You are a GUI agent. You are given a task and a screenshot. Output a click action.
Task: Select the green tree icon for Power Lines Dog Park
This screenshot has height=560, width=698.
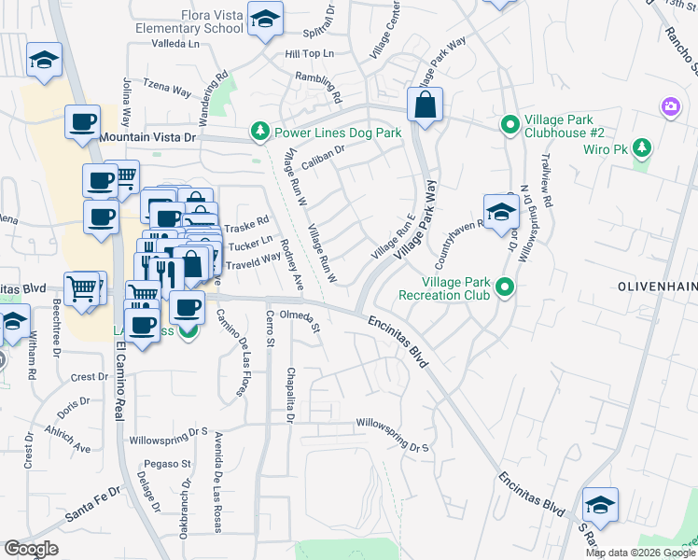tap(260, 133)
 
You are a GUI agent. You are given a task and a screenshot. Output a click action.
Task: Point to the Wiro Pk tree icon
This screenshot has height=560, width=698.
tap(641, 148)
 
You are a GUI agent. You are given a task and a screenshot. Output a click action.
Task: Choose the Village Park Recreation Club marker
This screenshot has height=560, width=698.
tap(505, 287)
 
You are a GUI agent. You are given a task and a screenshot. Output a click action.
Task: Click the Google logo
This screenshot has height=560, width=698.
tap(31, 548)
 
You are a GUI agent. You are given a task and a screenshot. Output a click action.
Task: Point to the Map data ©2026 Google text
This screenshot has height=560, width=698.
tap(640, 553)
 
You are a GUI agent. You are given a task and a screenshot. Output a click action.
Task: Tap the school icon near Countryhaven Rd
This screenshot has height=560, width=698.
tap(501, 212)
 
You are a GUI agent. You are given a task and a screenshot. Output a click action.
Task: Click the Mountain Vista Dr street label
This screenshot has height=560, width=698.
tap(150, 137)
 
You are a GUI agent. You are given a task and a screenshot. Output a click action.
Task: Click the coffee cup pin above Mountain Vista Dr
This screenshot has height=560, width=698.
tap(82, 121)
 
